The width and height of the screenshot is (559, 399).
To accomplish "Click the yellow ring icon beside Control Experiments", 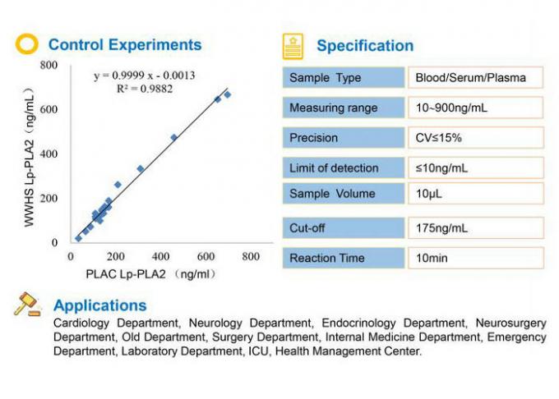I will [x=27, y=44].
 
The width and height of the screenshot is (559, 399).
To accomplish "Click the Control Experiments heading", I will [x=124, y=44].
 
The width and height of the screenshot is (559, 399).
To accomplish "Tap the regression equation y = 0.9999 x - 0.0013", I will [x=144, y=76].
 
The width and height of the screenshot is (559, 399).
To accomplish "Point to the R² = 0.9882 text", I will [x=145, y=89].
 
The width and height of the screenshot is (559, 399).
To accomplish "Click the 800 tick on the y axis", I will [x=49, y=65].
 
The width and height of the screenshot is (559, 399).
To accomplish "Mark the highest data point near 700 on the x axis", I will [x=228, y=94].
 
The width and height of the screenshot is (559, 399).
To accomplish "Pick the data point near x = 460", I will [x=173, y=138].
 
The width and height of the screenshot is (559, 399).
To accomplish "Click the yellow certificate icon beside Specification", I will [x=292, y=46].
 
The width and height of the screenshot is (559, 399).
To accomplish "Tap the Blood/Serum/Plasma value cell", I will [x=475, y=78].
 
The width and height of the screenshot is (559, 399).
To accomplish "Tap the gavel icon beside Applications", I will [x=27, y=305].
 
